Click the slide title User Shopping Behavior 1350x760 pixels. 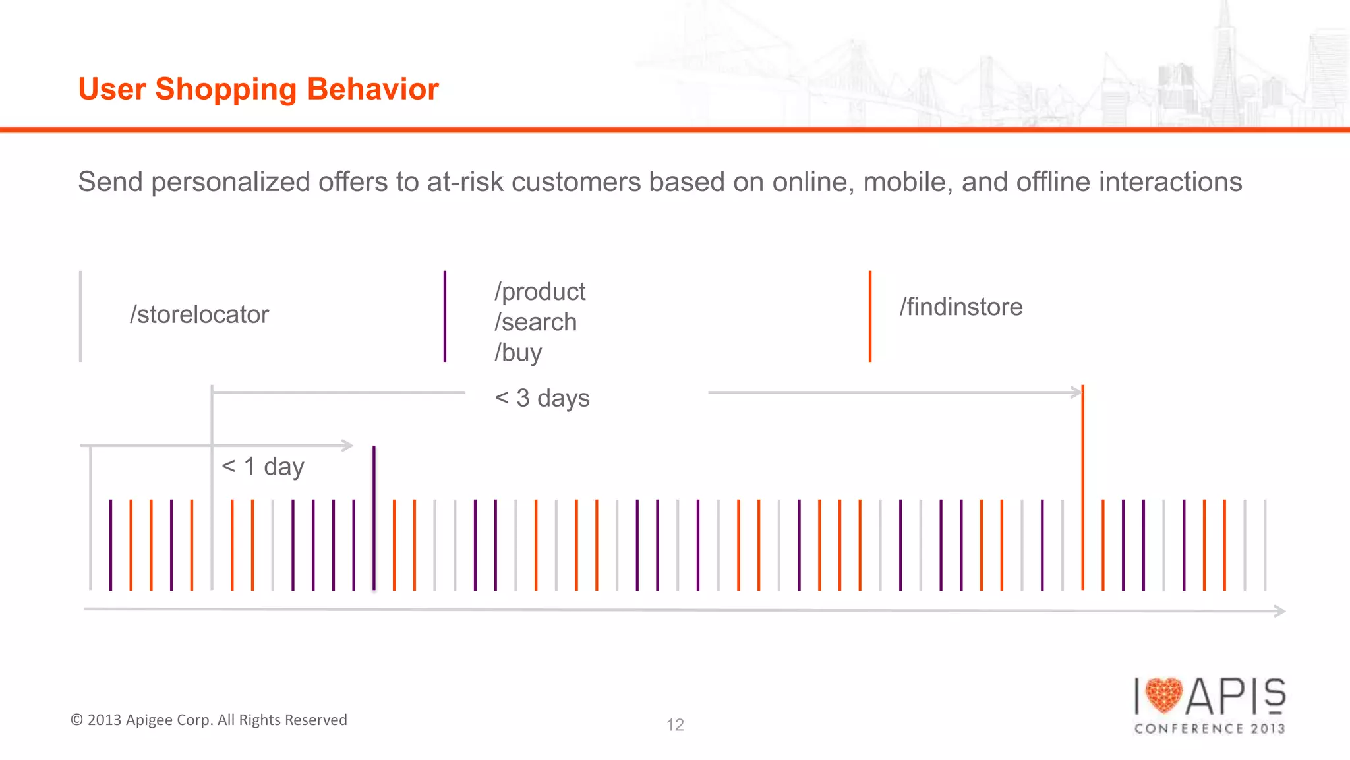[x=258, y=89]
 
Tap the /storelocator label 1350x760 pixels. [x=199, y=315]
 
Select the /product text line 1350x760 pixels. [x=540, y=291]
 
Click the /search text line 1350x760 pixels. [x=535, y=322]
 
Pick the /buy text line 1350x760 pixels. [x=518, y=353]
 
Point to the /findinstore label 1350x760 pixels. [x=960, y=307]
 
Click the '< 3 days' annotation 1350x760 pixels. [x=542, y=398]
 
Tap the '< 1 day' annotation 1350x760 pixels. [x=262, y=467]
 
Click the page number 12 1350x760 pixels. [x=675, y=725]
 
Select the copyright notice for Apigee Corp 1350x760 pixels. [x=209, y=720]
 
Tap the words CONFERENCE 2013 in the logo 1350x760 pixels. [x=1210, y=728]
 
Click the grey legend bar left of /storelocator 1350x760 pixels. [x=80, y=316]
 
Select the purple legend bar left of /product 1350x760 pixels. [x=445, y=316]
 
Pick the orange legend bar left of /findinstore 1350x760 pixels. [x=870, y=316]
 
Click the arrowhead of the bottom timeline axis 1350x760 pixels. [x=1279, y=611]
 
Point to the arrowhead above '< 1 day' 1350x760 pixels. [x=347, y=446]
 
